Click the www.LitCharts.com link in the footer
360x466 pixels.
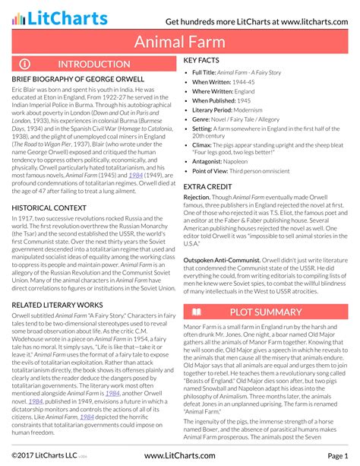pos(180,455)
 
